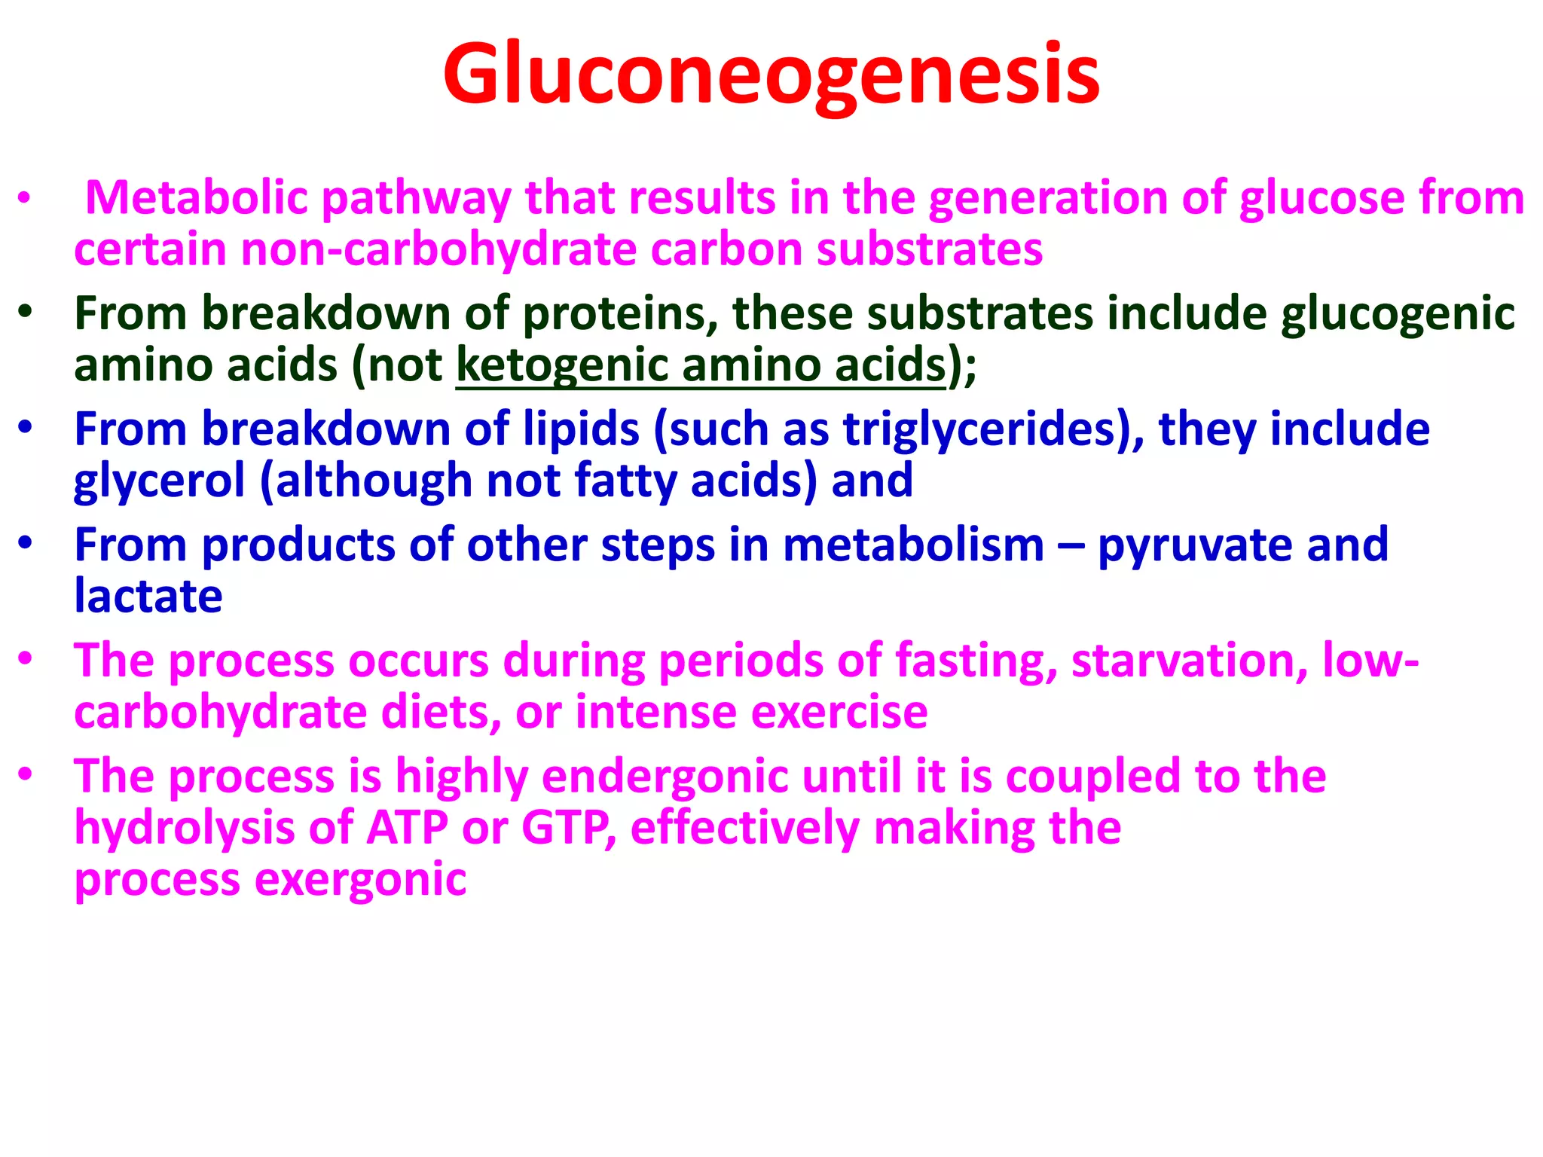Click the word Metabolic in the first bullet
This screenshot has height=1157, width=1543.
197,198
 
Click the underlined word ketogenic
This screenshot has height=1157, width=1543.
561,365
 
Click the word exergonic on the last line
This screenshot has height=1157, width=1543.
361,879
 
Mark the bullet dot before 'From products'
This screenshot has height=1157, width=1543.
26,543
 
